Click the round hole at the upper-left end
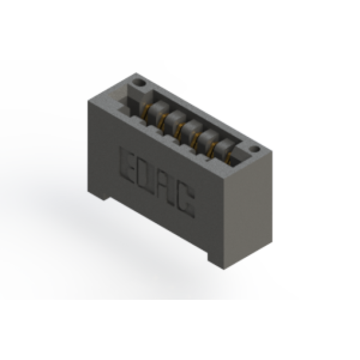point(140,82)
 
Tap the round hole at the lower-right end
point(255,150)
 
